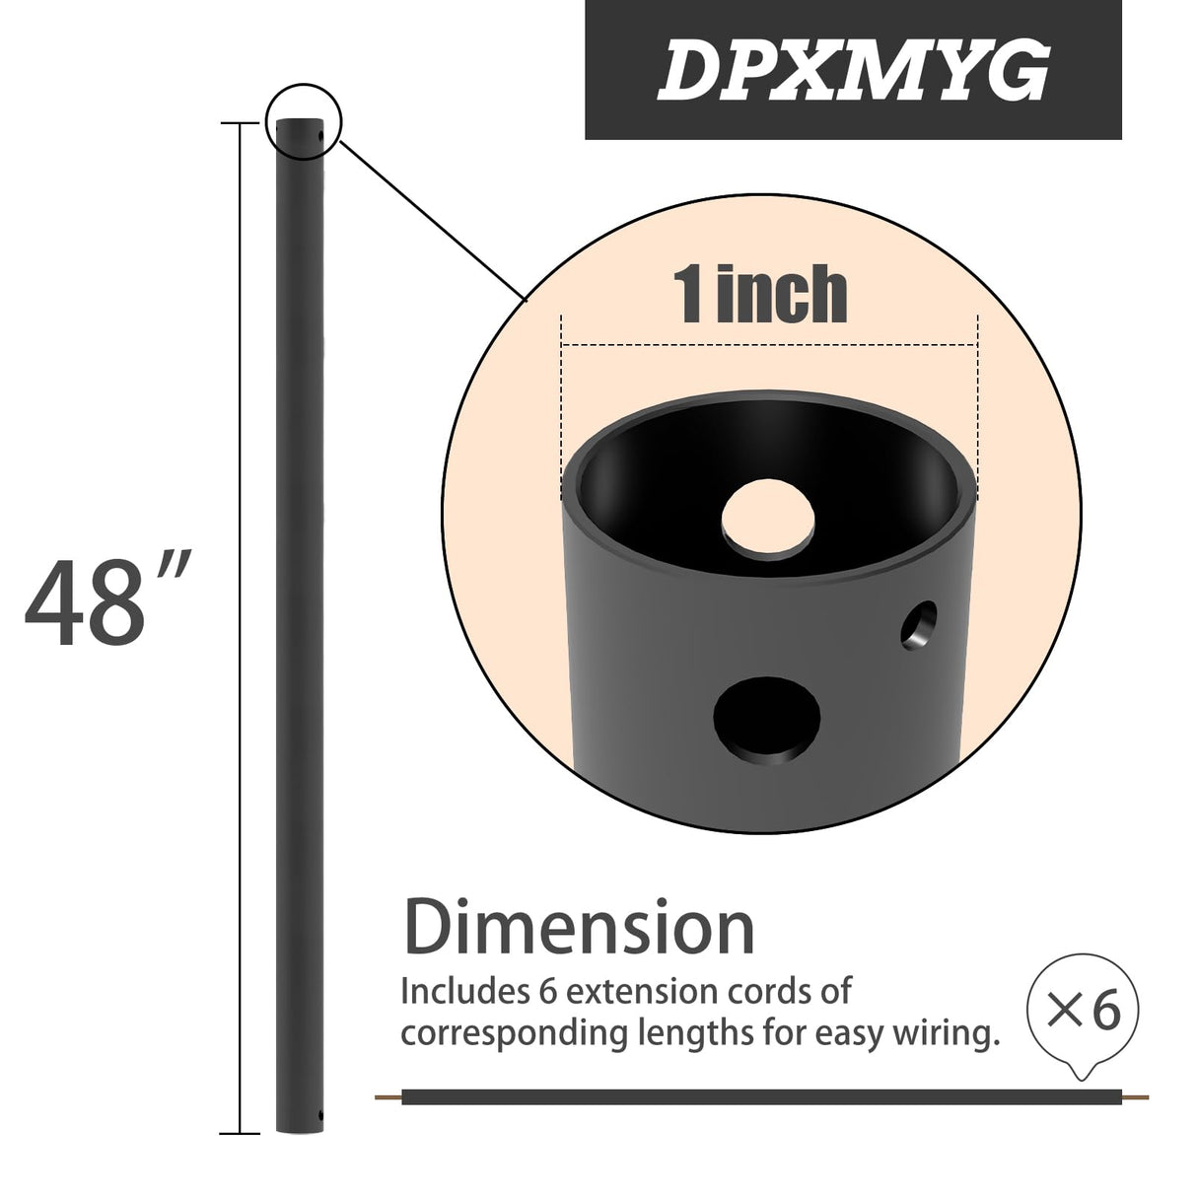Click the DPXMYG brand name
[853, 71]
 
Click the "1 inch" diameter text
[760, 294]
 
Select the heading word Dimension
[580, 928]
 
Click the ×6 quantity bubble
[1083, 1013]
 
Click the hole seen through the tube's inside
[768, 516]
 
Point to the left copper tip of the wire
[388, 1096]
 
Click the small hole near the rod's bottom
[319, 1116]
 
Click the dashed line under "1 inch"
[769, 345]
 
